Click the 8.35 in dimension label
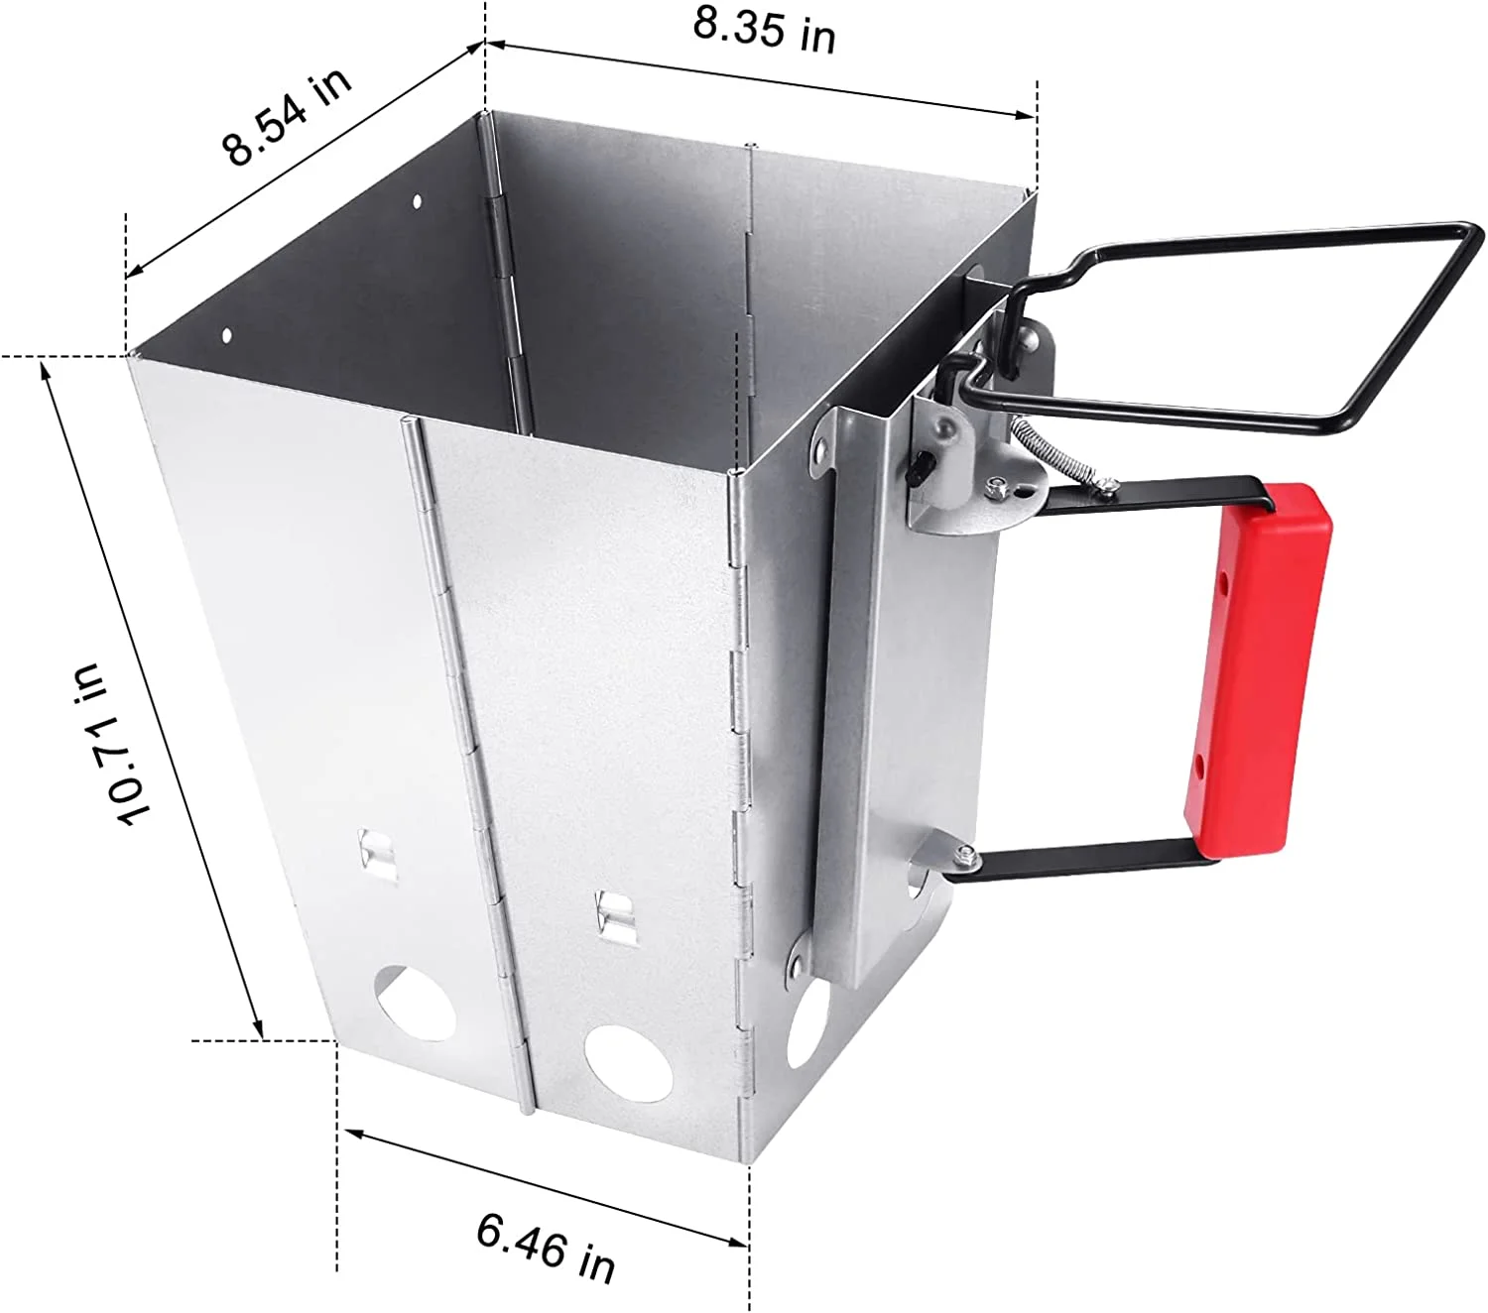pyautogui.click(x=763, y=30)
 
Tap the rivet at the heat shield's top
pyautogui.click(x=821, y=442)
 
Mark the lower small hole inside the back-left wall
pyautogui.click(x=226, y=335)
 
